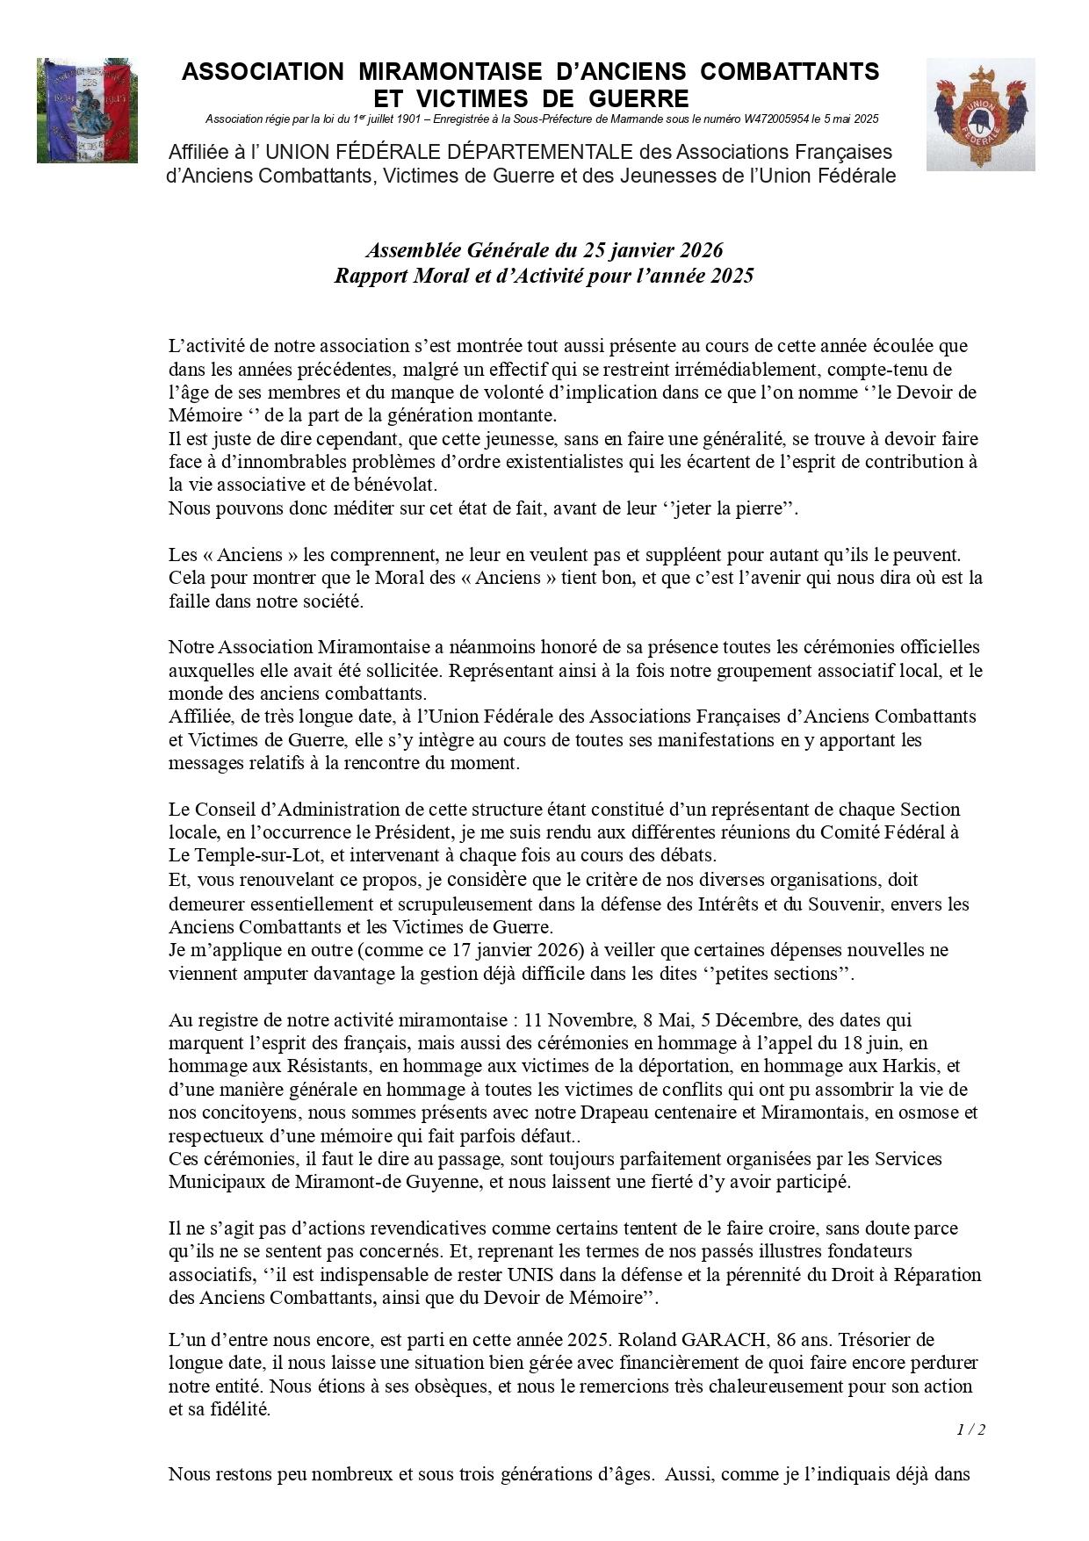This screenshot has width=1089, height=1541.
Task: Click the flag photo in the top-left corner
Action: [87, 111]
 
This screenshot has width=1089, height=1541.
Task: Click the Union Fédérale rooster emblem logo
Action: [980, 114]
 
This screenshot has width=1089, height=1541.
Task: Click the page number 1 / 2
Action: [970, 1429]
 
